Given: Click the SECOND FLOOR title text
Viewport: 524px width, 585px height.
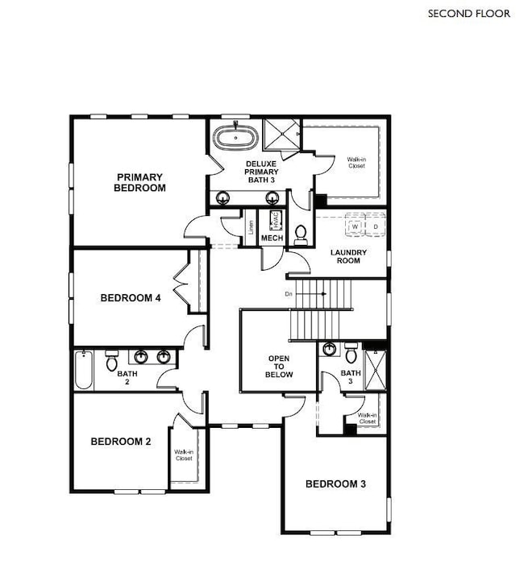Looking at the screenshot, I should click(x=469, y=13).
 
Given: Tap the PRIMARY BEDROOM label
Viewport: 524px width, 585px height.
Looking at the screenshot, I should click(x=140, y=182).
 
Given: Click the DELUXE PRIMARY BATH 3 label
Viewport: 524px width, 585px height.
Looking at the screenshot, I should click(x=262, y=172).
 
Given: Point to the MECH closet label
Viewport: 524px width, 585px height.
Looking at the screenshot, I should click(x=272, y=239).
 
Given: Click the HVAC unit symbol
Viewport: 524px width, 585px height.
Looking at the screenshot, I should click(x=274, y=221).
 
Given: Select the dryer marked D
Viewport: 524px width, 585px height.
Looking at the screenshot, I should click(x=375, y=226).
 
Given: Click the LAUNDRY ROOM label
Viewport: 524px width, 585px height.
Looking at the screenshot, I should click(x=349, y=256).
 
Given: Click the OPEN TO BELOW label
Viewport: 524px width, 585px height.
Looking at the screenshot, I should click(x=280, y=367).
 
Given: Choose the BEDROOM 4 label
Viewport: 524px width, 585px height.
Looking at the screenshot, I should click(x=131, y=298).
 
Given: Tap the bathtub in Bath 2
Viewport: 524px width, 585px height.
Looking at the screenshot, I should click(x=84, y=371).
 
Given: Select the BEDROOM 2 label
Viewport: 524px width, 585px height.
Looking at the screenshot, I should click(x=121, y=441).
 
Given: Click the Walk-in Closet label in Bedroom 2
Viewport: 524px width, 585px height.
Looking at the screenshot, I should click(x=183, y=455).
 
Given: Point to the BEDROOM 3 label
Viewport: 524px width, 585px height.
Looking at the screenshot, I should click(x=335, y=484).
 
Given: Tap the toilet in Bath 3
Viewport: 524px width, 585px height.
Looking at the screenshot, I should click(x=351, y=353).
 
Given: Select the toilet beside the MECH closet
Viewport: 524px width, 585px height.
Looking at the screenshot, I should click(x=301, y=234).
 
